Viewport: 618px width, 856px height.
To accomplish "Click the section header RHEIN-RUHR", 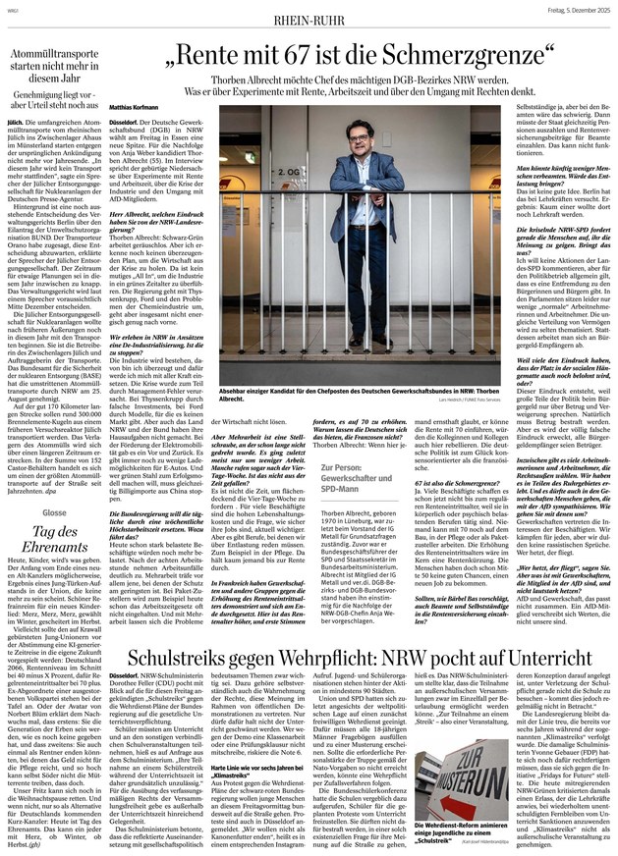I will point(309,15).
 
